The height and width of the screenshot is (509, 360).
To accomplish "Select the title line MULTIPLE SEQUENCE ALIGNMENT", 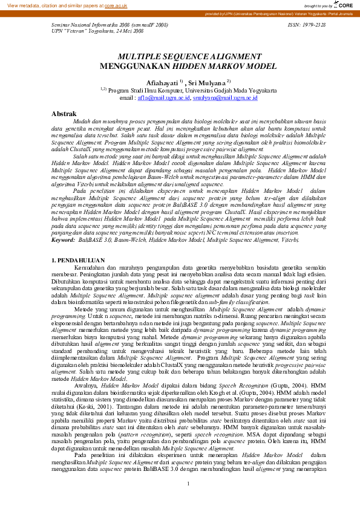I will coord(180,55).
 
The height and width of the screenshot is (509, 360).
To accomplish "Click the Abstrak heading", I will coord(64,114).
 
